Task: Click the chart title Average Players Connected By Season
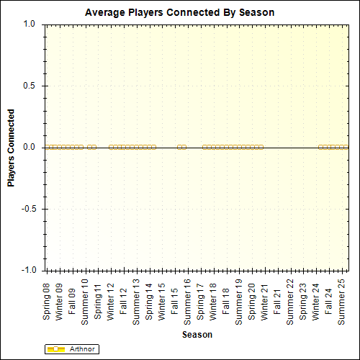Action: click(x=180, y=13)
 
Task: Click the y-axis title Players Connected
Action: click(x=11, y=148)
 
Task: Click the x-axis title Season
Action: click(x=197, y=335)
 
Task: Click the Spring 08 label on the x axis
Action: click(x=47, y=300)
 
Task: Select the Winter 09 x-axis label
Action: click(x=60, y=300)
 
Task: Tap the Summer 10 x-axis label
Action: click(x=85, y=302)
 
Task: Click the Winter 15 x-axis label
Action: click(x=162, y=300)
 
